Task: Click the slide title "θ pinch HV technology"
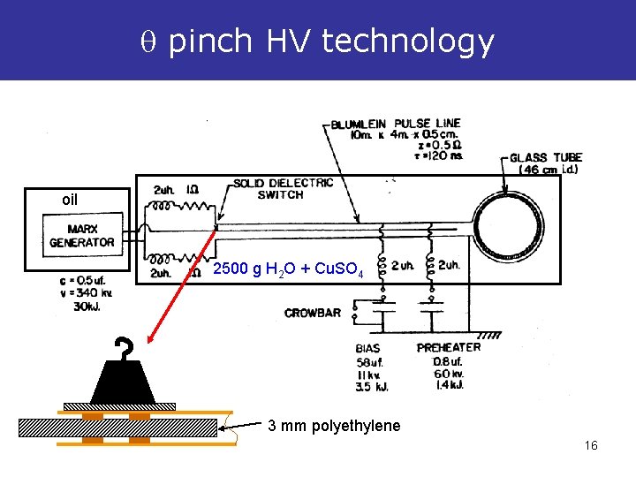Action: (317, 41)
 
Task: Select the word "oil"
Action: (69, 201)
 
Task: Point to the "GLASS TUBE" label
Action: (546, 158)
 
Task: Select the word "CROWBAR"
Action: (312, 313)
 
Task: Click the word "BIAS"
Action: (367, 348)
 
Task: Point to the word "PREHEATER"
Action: (449, 347)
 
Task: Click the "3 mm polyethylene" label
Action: (334, 427)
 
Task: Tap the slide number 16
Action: (591, 445)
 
